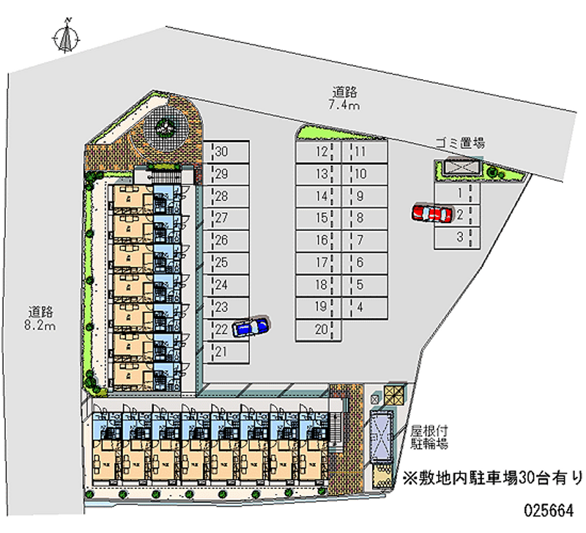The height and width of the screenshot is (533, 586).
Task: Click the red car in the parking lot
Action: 431,213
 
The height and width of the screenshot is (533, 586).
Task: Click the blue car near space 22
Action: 250,326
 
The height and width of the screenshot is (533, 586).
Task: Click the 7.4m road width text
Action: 344,106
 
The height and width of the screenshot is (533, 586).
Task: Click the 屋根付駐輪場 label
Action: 429,437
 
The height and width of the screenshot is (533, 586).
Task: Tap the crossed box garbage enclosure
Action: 459,169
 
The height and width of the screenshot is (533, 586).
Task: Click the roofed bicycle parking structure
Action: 382,436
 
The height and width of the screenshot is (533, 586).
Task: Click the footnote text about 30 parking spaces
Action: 491,478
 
